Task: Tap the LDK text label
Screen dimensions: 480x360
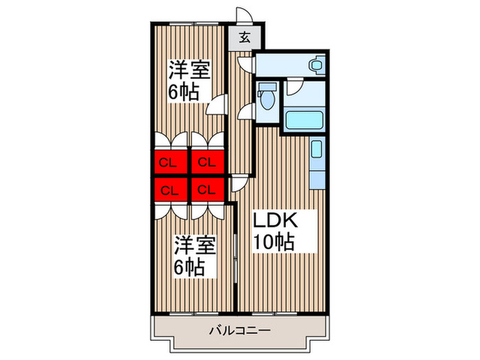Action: click(275, 220)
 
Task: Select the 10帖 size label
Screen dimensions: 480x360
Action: click(274, 242)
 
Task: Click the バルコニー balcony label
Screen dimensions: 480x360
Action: click(240, 331)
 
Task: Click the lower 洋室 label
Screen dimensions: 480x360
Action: click(195, 245)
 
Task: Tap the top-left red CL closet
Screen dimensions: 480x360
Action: click(171, 162)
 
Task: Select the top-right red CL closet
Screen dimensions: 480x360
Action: click(208, 162)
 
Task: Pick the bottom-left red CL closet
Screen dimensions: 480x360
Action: click(171, 190)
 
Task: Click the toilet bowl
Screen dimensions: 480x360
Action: click(267, 100)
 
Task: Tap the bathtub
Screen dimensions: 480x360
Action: click(304, 120)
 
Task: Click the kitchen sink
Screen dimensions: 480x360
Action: click(317, 149)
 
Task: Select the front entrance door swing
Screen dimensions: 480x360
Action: click(244, 15)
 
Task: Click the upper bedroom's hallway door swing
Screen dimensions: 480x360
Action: click(217, 104)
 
